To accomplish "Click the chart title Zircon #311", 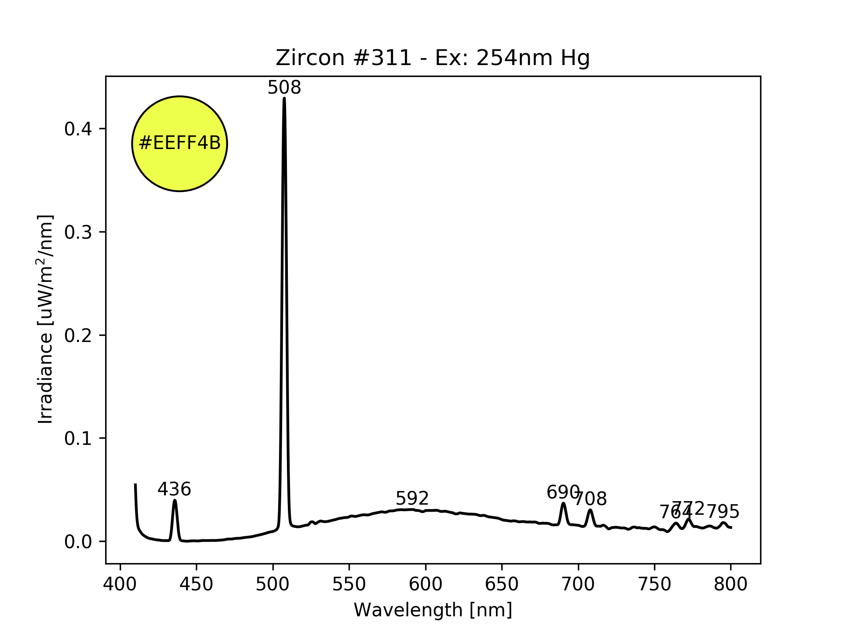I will click(x=433, y=58).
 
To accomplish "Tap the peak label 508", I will click(x=284, y=88).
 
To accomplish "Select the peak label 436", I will click(x=174, y=489).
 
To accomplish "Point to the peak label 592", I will click(x=412, y=498).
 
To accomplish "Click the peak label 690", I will click(x=562, y=492).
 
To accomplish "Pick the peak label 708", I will click(x=591, y=499).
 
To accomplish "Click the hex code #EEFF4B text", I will click(x=180, y=143).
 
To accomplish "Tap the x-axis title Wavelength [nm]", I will click(x=433, y=610).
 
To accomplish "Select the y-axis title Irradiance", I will click(x=46, y=320).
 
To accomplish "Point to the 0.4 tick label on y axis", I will click(x=78, y=129).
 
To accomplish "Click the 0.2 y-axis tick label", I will click(x=78, y=335).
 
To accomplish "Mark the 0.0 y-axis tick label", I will click(x=78, y=542).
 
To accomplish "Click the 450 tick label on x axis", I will click(x=197, y=584).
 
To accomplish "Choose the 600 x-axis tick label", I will click(x=426, y=584).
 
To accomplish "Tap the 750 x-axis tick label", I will click(x=654, y=584).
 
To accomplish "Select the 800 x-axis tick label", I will click(x=731, y=584).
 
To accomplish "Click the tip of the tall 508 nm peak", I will click(x=284, y=98).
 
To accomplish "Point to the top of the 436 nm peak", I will click(x=175, y=500).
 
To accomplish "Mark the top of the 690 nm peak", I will click(x=563, y=503).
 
